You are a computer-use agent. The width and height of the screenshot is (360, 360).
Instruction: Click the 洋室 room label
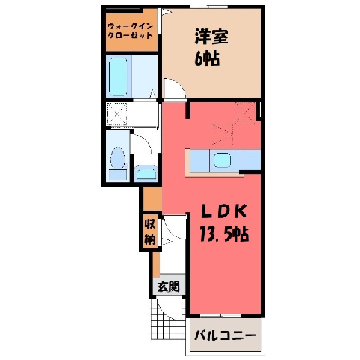click(x=211, y=37)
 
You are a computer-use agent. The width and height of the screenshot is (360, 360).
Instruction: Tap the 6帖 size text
click(x=207, y=59)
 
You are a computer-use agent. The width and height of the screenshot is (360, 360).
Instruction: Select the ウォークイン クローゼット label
click(x=130, y=31)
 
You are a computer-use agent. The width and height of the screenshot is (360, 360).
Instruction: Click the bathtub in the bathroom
click(x=118, y=76)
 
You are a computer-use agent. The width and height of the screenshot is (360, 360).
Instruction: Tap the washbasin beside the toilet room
click(x=145, y=173)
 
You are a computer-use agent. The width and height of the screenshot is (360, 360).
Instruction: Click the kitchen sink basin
click(x=222, y=160)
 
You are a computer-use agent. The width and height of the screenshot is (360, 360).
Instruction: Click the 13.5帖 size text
click(x=224, y=234)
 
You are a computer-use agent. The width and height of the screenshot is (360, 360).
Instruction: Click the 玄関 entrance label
click(x=169, y=286)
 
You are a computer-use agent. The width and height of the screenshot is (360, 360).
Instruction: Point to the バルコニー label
click(x=226, y=335)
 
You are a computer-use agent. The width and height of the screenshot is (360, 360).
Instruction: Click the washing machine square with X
click(x=117, y=114)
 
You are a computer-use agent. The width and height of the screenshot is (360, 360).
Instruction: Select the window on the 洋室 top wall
click(x=208, y=7)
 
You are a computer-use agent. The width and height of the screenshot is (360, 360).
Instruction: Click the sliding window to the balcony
click(x=221, y=316)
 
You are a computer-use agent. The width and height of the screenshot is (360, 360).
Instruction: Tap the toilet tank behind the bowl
click(x=118, y=174)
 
